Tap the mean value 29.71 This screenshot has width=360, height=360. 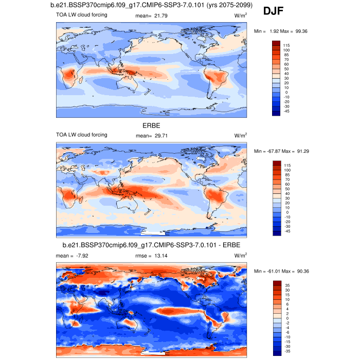pyautogui.click(x=160, y=135)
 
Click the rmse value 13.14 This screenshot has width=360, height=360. pyautogui.click(x=160, y=255)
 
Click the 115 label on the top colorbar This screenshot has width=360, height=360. pyautogui.click(x=286, y=46)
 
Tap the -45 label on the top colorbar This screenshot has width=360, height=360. pyautogui.click(x=286, y=111)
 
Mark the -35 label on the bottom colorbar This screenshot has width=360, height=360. pyautogui.click(x=286, y=350)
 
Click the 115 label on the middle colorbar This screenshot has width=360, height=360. pyautogui.click(x=286, y=166)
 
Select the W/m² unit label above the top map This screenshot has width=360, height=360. pyautogui.click(x=241, y=16)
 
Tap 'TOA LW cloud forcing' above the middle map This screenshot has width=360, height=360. pyautogui.click(x=82, y=135)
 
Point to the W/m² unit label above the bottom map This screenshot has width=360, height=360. pyautogui.click(x=241, y=255)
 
